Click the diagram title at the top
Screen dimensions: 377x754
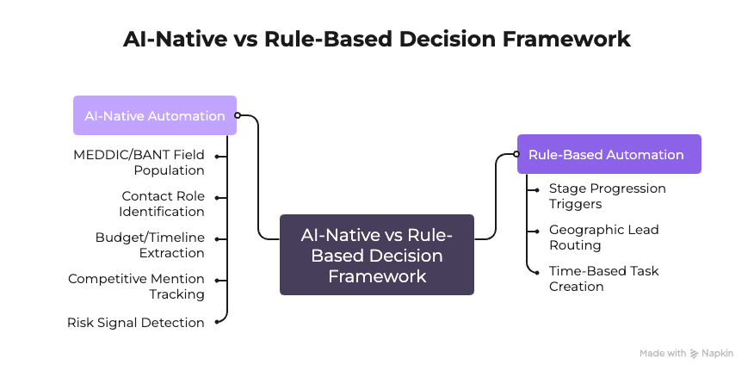(376, 40)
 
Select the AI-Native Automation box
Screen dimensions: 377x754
(155, 115)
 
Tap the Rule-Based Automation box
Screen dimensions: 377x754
(609, 155)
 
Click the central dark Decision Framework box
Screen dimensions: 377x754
(376, 255)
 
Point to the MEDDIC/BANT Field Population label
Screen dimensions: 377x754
(139, 163)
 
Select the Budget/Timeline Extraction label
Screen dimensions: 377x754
(150, 245)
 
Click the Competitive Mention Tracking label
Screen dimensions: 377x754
(136, 287)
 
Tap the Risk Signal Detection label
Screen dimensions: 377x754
(136, 323)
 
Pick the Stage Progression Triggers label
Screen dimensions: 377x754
(607, 196)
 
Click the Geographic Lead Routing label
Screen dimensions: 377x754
(603, 238)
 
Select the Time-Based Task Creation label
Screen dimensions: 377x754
(603, 279)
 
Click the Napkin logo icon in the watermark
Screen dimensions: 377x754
(695, 354)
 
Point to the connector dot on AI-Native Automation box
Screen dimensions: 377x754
(238, 115)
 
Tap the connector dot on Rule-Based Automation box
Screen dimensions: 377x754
(516, 155)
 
